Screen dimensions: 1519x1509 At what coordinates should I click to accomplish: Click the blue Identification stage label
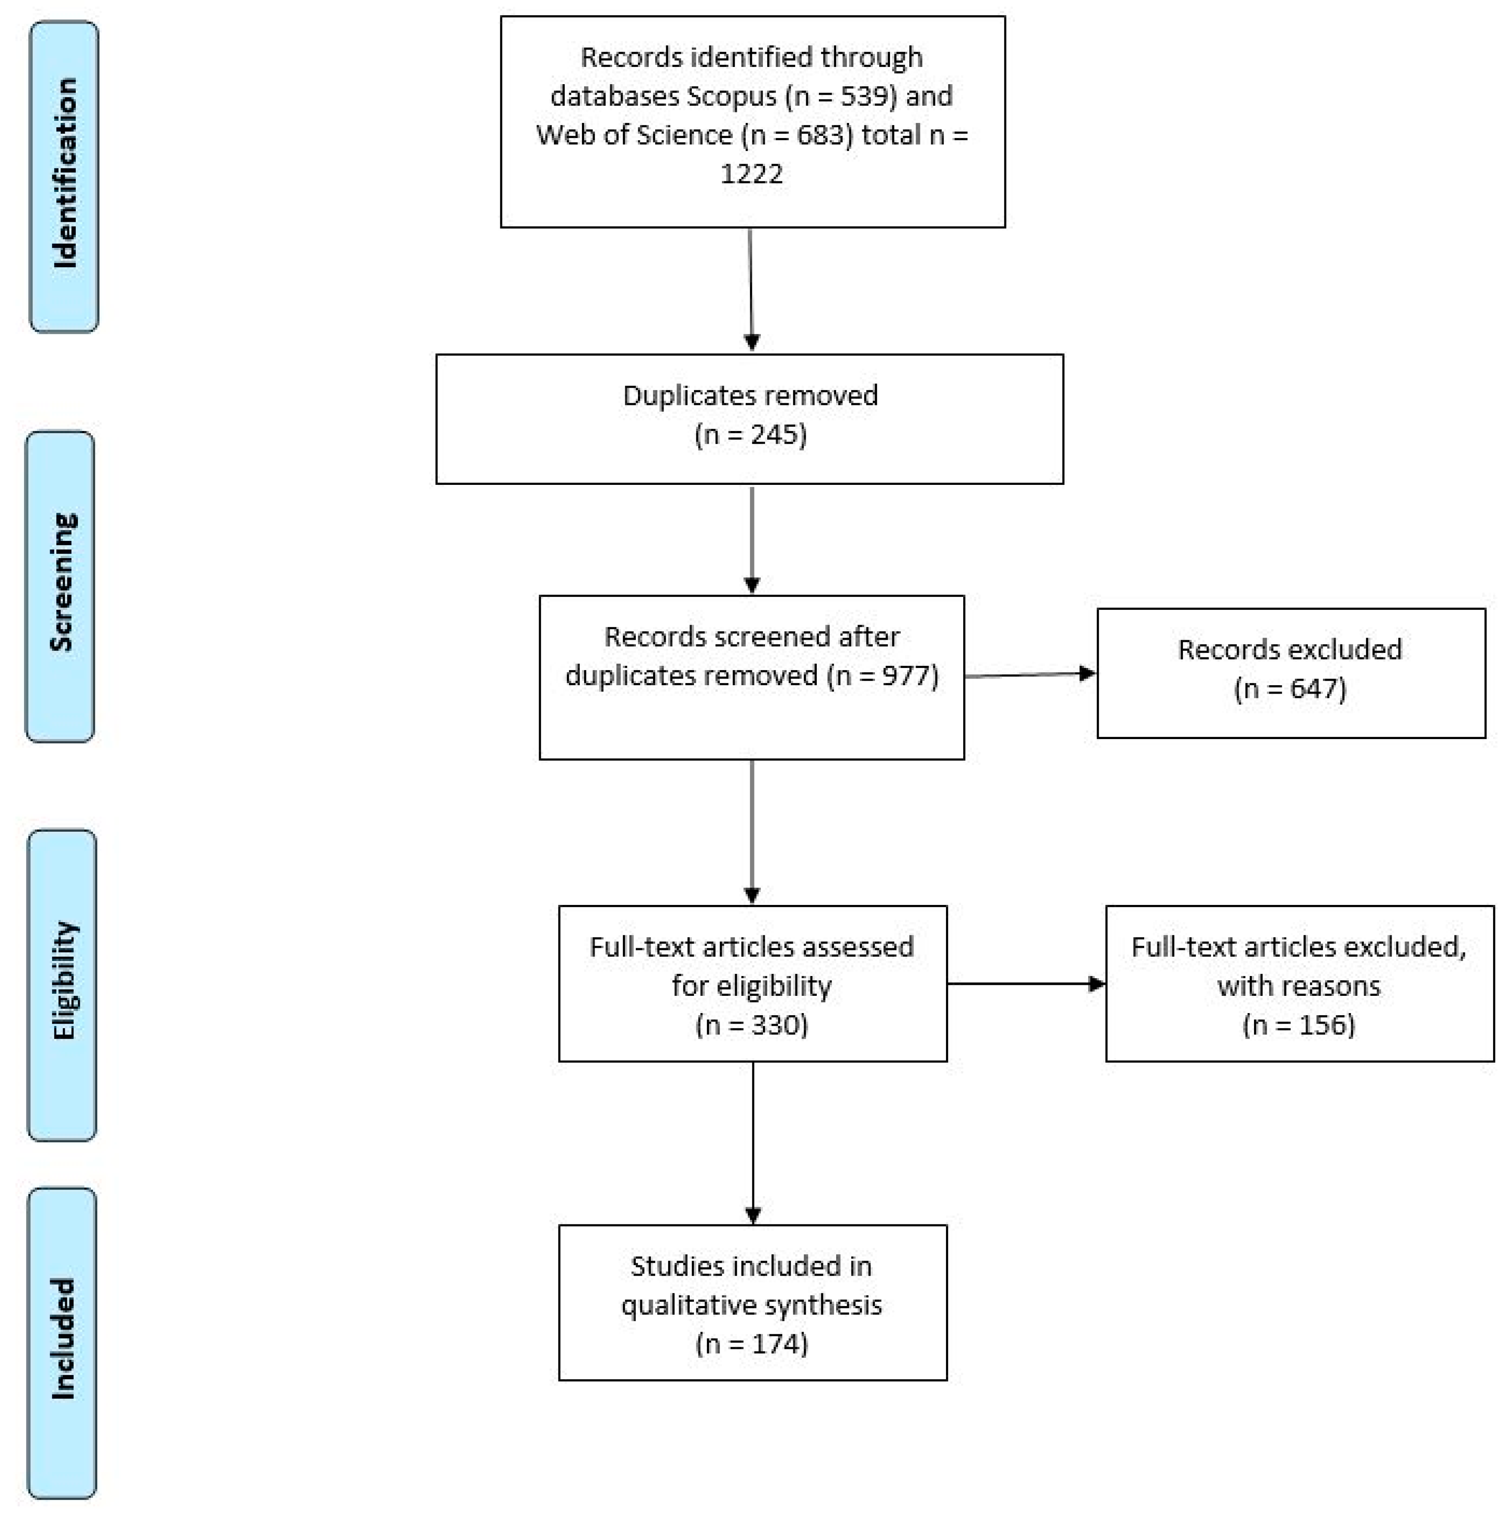64,176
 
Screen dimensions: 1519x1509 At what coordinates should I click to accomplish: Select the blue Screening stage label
61,586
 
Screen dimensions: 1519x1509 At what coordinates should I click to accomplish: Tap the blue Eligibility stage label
62,984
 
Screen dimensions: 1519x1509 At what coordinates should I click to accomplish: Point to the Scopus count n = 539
840,96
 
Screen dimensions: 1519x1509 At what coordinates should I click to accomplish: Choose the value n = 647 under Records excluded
1290,689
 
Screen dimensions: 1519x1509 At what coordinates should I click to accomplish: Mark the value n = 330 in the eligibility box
752,1024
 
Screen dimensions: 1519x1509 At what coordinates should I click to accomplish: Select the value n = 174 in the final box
752,1343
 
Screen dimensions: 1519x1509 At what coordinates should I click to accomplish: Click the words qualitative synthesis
752,1304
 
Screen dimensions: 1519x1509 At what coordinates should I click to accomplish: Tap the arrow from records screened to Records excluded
1030,675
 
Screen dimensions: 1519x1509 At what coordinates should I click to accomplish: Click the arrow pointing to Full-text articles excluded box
1025,984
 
